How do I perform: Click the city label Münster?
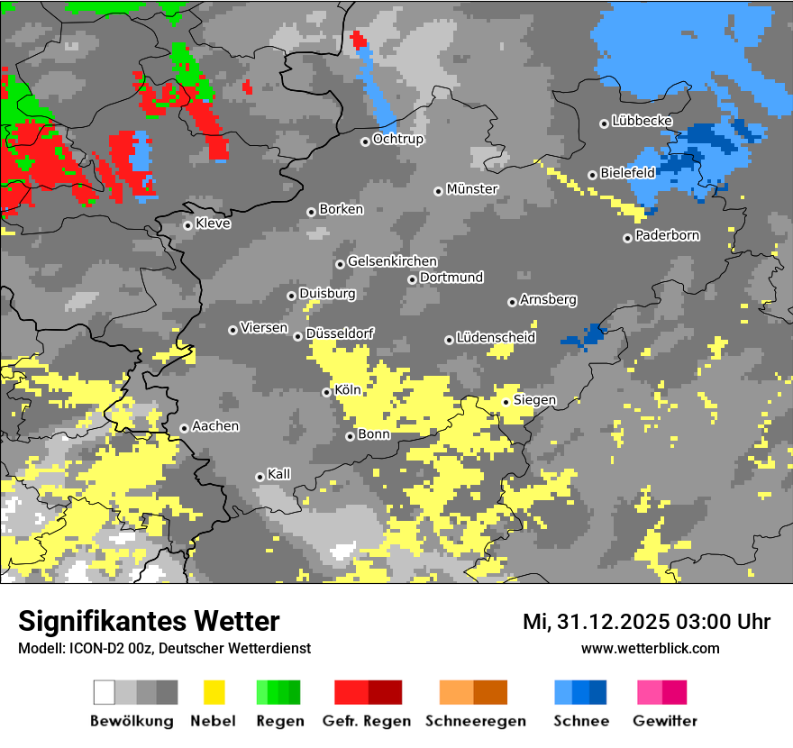[472, 189]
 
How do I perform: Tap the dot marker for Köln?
[326, 392]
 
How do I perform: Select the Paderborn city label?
[667, 236]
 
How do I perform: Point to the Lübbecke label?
[642, 121]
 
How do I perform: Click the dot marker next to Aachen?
[184, 428]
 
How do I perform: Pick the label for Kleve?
[213, 223]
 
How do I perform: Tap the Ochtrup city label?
[397, 140]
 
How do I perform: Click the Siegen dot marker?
[506, 402]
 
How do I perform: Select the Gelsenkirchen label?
[392, 262]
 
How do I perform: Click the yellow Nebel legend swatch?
[214, 692]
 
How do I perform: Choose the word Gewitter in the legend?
[664, 721]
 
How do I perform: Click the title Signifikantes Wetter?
[149, 621]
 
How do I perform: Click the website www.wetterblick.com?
[650, 648]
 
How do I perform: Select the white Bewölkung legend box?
[105, 692]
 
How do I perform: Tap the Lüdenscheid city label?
[496, 338]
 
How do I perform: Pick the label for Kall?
[278, 474]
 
